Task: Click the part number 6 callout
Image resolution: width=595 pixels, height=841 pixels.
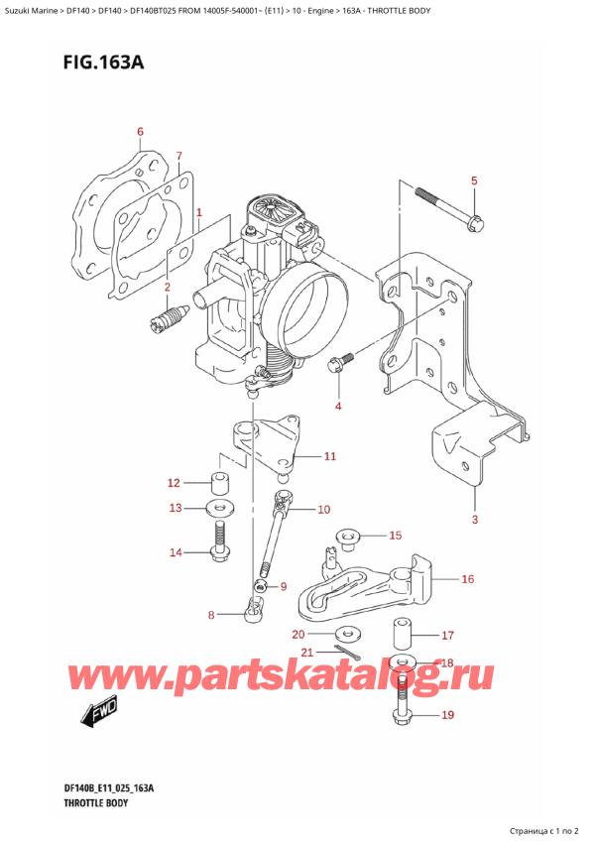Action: tap(140, 132)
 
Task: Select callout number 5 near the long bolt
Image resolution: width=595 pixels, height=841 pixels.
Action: tap(474, 180)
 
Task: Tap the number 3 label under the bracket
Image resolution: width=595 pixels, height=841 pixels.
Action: tap(474, 521)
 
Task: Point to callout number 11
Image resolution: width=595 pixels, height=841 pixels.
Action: tap(330, 456)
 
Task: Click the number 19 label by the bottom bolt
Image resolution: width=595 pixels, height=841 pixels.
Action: tap(446, 714)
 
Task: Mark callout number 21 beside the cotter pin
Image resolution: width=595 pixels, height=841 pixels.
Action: tap(307, 652)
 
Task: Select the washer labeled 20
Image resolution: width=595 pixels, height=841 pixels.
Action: tap(346, 633)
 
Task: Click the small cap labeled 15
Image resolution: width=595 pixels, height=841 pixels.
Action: tap(348, 539)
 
